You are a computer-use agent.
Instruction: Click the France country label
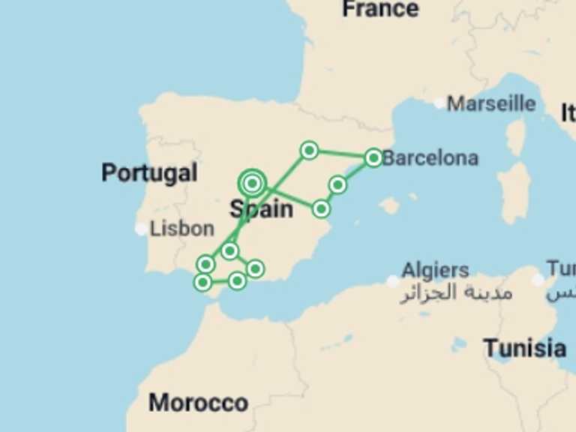(380, 9)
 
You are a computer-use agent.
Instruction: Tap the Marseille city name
(491, 103)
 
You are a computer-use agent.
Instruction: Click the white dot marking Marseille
(439, 103)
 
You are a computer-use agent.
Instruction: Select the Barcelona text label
(430, 158)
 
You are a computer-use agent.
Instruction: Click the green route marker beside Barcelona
(373, 157)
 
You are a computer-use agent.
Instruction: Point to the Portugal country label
(149, 173)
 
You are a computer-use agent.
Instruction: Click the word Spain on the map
(261, 208)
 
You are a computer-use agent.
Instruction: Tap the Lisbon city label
(182, 229)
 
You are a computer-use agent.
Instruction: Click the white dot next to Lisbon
(141, 229)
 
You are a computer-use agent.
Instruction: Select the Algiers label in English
(435, 271)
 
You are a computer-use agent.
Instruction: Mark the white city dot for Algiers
(393, 281)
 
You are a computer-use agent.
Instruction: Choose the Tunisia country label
(524, 348)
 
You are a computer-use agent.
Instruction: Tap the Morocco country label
(198, 403)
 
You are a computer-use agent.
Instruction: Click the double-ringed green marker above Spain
(252, 182)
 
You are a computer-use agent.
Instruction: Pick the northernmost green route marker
(309, 150)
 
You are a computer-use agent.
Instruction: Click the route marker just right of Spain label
(321, 208)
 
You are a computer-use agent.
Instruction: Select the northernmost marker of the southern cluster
(229, 250)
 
